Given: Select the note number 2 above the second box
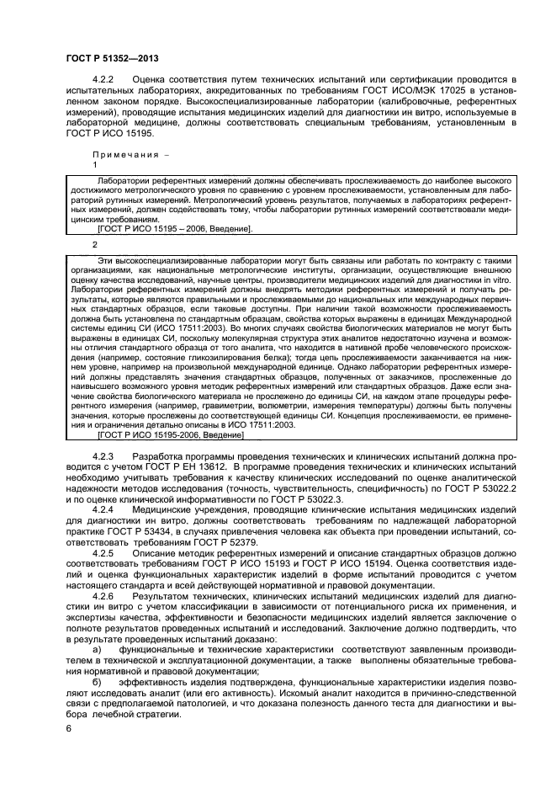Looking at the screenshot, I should point(95,244).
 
